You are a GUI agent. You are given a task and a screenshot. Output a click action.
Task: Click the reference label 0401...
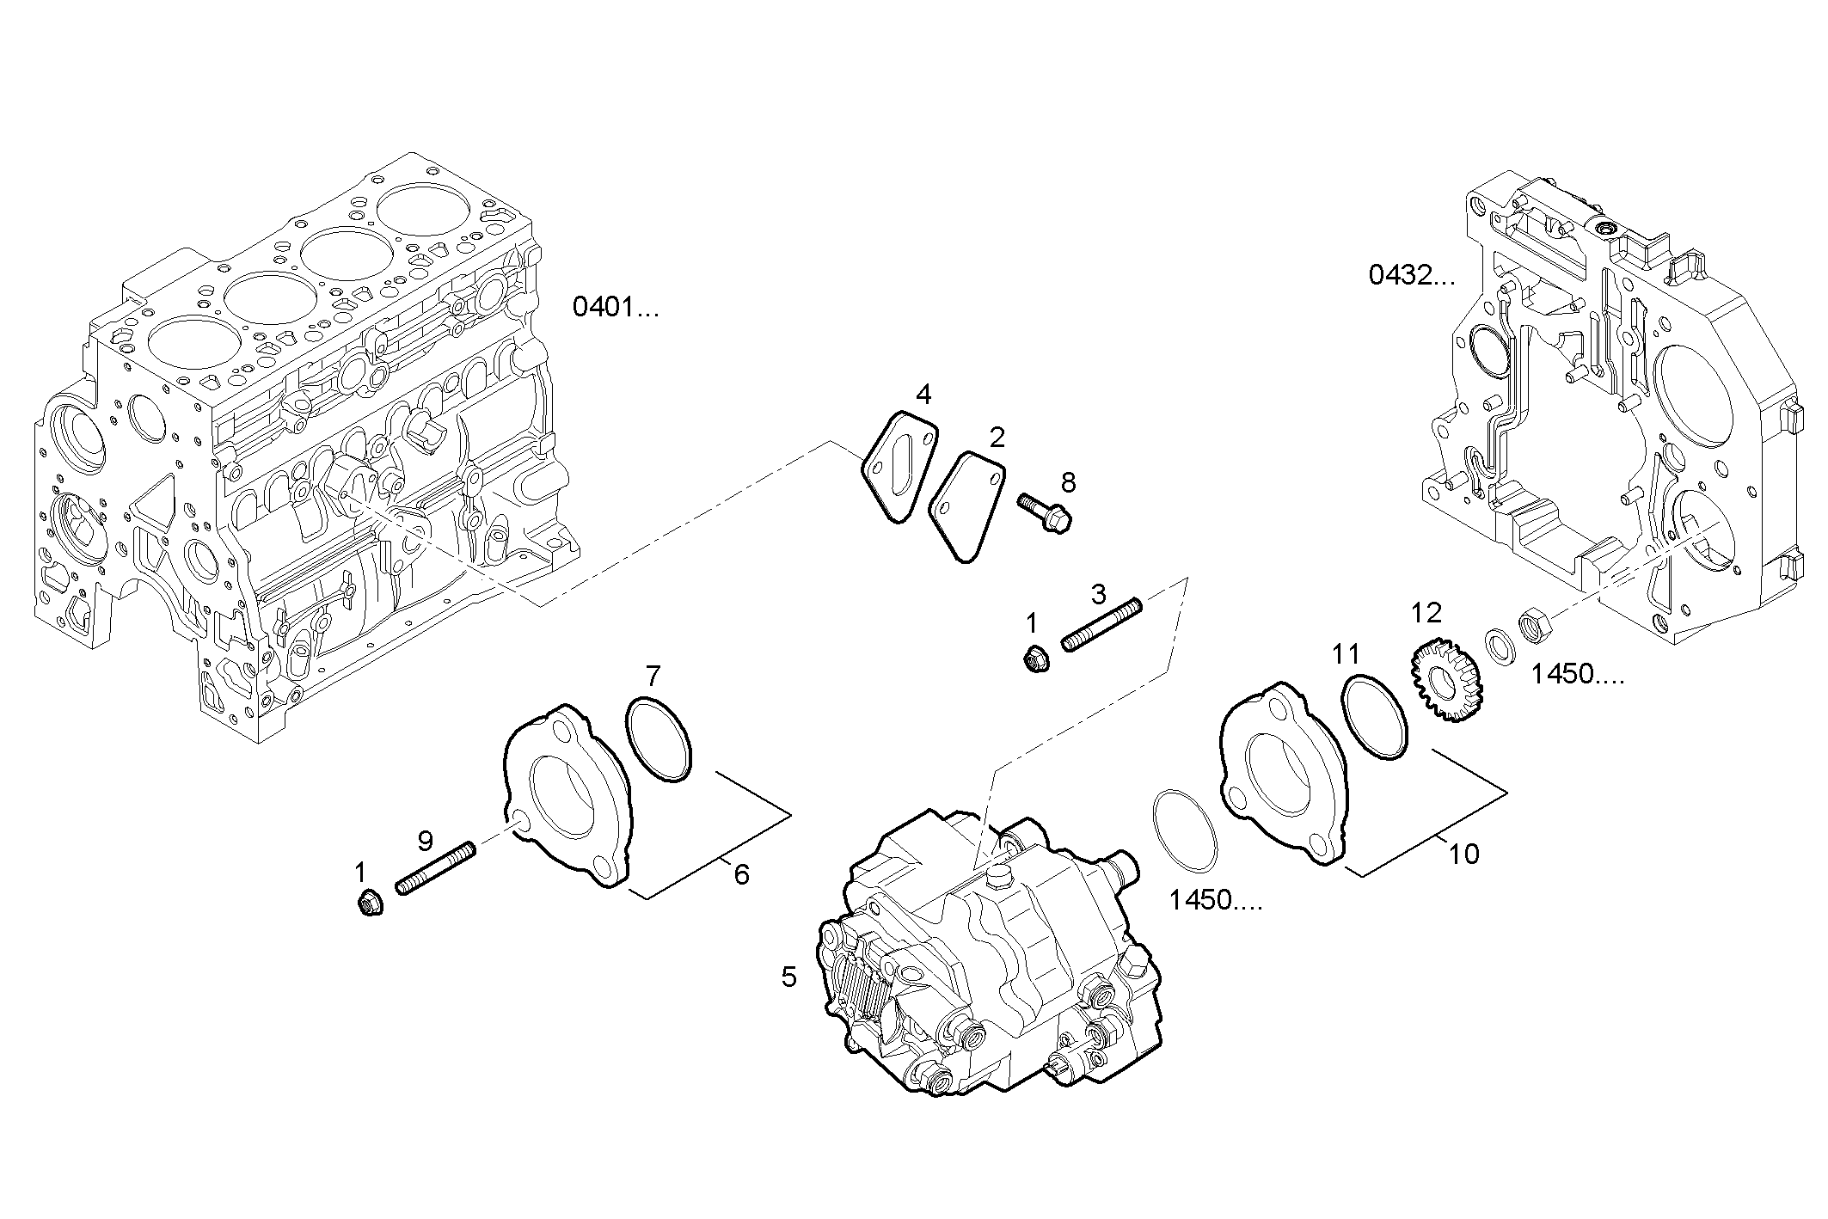(615, 307)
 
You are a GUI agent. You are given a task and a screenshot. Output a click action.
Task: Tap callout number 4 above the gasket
(923, 395)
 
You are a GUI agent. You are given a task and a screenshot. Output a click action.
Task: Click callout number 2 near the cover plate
(997, 438)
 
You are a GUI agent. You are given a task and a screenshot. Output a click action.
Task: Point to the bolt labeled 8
(1045, 514)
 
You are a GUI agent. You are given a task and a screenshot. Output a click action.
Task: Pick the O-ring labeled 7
(659, 739)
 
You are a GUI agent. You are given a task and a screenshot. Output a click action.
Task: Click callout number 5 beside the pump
(788, 977)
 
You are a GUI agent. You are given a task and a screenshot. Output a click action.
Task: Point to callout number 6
(741, 875)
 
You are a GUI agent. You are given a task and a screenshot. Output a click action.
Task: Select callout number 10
(1463, 855)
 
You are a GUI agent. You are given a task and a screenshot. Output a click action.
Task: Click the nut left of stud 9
(369, 904)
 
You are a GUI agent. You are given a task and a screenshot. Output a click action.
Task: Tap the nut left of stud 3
(1034, 660)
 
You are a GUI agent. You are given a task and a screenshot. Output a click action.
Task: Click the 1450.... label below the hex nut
(1578, 675)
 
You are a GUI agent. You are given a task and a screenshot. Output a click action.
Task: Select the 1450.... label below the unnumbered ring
(1215, 901)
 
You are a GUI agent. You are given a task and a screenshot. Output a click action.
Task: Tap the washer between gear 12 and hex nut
(1500, 646)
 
